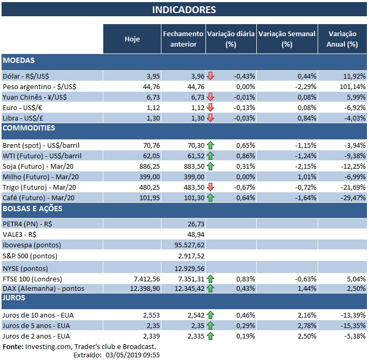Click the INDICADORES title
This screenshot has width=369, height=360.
pos(183,10)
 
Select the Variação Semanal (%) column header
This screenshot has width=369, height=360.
pos(287,39)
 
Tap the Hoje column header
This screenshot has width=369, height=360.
pos(132,39)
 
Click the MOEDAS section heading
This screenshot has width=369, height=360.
pos(19,61)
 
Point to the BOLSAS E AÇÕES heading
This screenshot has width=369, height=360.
pos(32,209)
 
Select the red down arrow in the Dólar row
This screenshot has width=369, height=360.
pos(211,76)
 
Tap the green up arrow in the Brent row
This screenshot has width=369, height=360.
pos(211,145)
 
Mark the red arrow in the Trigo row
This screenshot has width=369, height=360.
pos(211,187)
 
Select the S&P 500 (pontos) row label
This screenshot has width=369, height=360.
pos(30,256)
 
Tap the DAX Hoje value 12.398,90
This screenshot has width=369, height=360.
pos(138,288)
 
